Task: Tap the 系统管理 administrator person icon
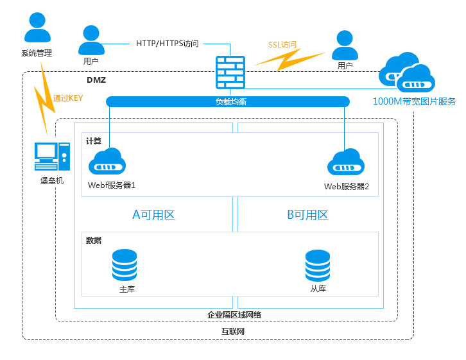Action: [37, 28]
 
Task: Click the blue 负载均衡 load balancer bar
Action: [228, 101]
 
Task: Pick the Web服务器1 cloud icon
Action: [107, 162]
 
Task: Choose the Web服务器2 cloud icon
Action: [346, 162]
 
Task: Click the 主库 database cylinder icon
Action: [125, 264]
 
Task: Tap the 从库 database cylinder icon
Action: [318, 264]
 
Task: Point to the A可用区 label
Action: [153, 215]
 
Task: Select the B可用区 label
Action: [307, 215]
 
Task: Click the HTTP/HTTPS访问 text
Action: [168, 44]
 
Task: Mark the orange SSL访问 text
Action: [282, 46]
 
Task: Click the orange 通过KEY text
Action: [69, 98]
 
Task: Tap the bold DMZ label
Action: [96, 80]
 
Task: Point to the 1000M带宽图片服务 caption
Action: [414, 101]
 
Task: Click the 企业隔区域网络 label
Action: [234, 314]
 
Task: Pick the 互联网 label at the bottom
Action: [233, 332]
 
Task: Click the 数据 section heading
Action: [94, 240]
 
